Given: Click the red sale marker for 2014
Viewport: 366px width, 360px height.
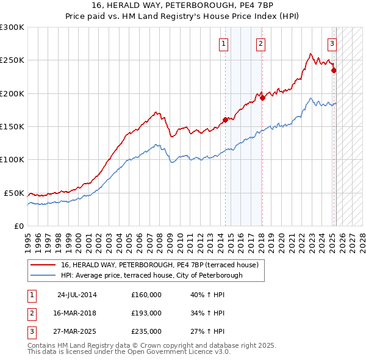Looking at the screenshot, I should click(x=225, y=120).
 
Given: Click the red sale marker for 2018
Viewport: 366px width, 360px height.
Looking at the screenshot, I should click(x=262, y=98).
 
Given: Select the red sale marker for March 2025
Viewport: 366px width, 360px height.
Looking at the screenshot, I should click(x=334, y=70).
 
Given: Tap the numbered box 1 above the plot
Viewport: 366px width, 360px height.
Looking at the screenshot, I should click(x=224, y=43).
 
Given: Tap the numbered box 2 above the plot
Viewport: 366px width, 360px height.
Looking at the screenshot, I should click(x=260, y=43).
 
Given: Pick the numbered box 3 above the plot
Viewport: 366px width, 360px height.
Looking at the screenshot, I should click(x=332, y=43).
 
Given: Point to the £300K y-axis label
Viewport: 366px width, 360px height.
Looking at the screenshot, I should click(x=12, y=27).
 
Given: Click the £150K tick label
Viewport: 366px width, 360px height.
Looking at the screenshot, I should click(x=12, y=127).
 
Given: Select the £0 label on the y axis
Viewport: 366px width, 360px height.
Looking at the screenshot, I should click(x=18, y=226).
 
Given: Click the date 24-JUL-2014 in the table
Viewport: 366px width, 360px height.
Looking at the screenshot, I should click(x=77, y=295).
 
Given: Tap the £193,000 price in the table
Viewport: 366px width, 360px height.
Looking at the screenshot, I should click(x=146, y=313).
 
